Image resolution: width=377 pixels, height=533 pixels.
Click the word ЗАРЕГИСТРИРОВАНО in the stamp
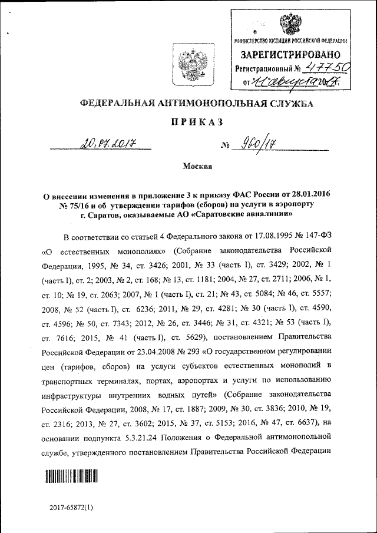[x=291, y=55]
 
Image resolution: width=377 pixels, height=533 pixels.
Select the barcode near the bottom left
[x=71, y=476]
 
